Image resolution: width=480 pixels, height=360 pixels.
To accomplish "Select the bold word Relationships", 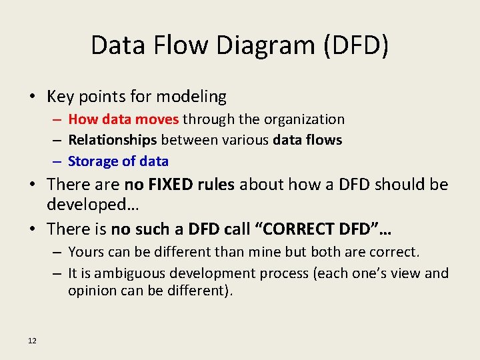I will tap(112, 140).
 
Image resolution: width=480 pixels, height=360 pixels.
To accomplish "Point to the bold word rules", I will tap(214, 185).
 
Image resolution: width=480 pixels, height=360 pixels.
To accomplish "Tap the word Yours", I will tap(86, 252).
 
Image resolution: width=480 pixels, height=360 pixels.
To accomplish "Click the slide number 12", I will tap(33, 341).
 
